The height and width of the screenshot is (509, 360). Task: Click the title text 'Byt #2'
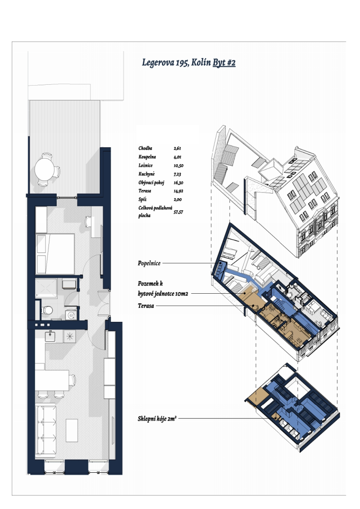coord(224,63)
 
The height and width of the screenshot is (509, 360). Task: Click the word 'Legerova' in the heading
coord(158,63)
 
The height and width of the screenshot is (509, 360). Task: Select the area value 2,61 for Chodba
coord(177,148)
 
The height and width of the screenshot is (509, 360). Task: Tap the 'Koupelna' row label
coord(147,157)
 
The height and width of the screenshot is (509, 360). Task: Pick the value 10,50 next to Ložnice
coord(179,165)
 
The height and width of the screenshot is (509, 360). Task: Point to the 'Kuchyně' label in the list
coord(146,174)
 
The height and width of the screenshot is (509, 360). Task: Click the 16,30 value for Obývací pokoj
coord(179,183)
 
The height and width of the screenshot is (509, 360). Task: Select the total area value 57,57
coord(179,212)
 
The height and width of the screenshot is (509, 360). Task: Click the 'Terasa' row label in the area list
coord(145,191)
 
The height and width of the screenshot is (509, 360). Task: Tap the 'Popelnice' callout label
coord(149,263)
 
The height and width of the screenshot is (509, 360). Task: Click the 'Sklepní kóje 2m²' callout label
coord(157,419)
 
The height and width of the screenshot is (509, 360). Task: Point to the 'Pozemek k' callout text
coord(150,283)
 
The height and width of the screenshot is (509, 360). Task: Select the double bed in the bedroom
coord(55,253)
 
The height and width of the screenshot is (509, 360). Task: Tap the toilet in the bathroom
coord(48,310)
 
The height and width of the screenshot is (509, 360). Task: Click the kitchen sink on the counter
coord(50,336)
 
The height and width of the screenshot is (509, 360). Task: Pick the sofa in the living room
coord(46,429)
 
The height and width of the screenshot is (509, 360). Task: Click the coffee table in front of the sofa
coord(72,431)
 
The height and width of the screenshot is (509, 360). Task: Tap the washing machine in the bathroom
coord(71,315)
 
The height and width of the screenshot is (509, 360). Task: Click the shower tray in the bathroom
coord(46,288)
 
